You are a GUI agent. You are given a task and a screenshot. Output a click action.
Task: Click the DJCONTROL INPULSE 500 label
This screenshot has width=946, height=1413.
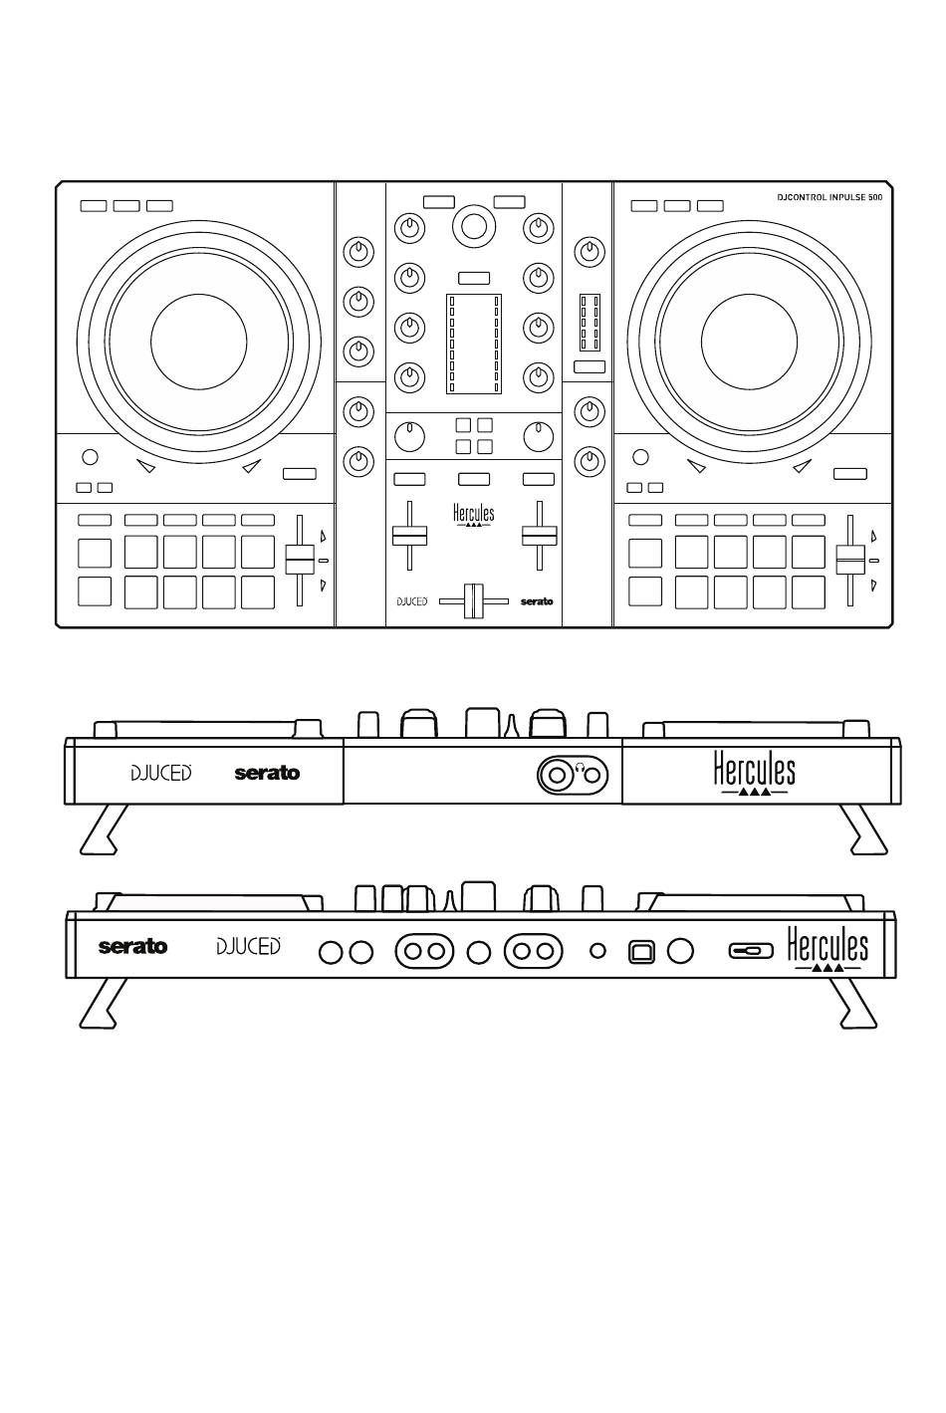[829, 197]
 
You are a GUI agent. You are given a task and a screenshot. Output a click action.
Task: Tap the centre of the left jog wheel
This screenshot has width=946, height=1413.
[199, 342]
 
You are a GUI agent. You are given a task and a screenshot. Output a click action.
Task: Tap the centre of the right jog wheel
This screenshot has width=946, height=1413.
[749, 342]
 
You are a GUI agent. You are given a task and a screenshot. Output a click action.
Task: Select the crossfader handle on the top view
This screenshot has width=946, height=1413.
[473, 601]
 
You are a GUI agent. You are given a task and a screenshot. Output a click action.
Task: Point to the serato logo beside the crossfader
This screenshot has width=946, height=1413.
[537, 601]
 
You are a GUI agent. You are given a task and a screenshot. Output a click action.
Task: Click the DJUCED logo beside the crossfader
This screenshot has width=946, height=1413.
[412, 601]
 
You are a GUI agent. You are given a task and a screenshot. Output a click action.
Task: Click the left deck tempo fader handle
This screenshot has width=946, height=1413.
[300, 561]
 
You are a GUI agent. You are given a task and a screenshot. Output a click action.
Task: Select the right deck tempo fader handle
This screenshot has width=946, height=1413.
[850, 561]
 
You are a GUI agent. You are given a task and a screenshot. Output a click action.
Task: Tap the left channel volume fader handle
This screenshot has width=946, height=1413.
[409, 536]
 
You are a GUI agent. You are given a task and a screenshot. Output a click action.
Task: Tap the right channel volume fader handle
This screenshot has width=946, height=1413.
[540, 536]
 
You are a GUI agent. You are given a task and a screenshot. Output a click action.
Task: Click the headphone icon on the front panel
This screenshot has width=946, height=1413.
[581, 768]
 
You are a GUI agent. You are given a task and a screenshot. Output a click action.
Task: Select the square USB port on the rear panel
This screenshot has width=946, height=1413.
[641, 951]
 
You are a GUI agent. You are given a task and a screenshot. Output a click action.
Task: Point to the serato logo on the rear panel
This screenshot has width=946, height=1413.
[133, 946]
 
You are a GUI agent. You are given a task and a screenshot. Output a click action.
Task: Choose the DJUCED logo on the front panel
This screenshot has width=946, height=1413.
[161, 773]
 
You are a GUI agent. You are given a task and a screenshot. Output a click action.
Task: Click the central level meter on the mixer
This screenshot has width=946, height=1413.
[474, 344]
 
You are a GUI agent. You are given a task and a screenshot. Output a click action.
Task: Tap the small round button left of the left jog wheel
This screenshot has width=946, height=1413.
[91, 457]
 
